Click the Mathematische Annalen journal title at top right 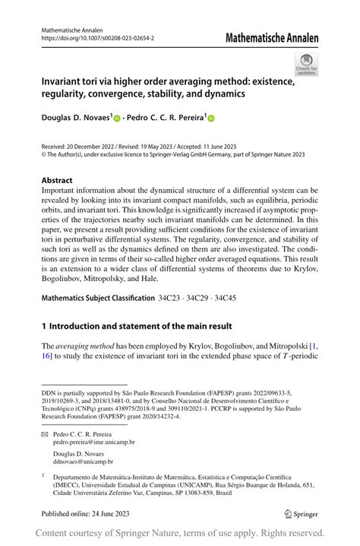pos(270,38)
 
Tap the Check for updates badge pos(306,64)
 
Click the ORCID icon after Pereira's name pos(211,118)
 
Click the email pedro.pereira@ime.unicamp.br pos(93,441)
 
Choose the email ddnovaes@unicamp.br pos(82,461)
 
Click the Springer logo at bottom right pos(302,514)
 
